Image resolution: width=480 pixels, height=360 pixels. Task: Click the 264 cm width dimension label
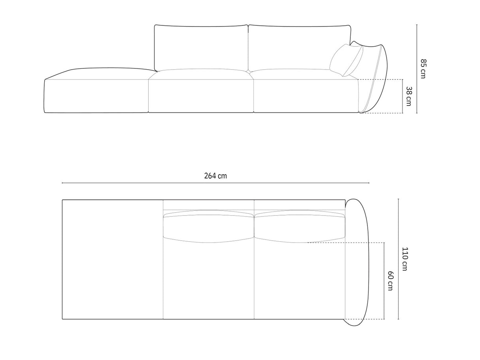(215, 176)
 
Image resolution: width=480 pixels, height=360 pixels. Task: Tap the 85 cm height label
(423, 68)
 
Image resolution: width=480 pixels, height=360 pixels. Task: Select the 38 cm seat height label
(408, 96)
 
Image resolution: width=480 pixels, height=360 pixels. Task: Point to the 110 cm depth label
(404, 259)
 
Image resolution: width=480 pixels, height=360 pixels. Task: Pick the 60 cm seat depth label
(390, 281)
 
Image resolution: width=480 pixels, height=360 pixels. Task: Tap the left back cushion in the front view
(201, 47)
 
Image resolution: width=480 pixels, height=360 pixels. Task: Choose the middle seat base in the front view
(201, 95)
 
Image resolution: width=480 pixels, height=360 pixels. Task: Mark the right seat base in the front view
(306, 95)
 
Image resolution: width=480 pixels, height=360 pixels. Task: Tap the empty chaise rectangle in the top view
(113, 259)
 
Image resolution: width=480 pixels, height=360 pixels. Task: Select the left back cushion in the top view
(208, 227)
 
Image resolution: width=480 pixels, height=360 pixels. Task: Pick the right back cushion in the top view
(300, 227)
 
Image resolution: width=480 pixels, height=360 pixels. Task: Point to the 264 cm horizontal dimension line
(158, 183)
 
